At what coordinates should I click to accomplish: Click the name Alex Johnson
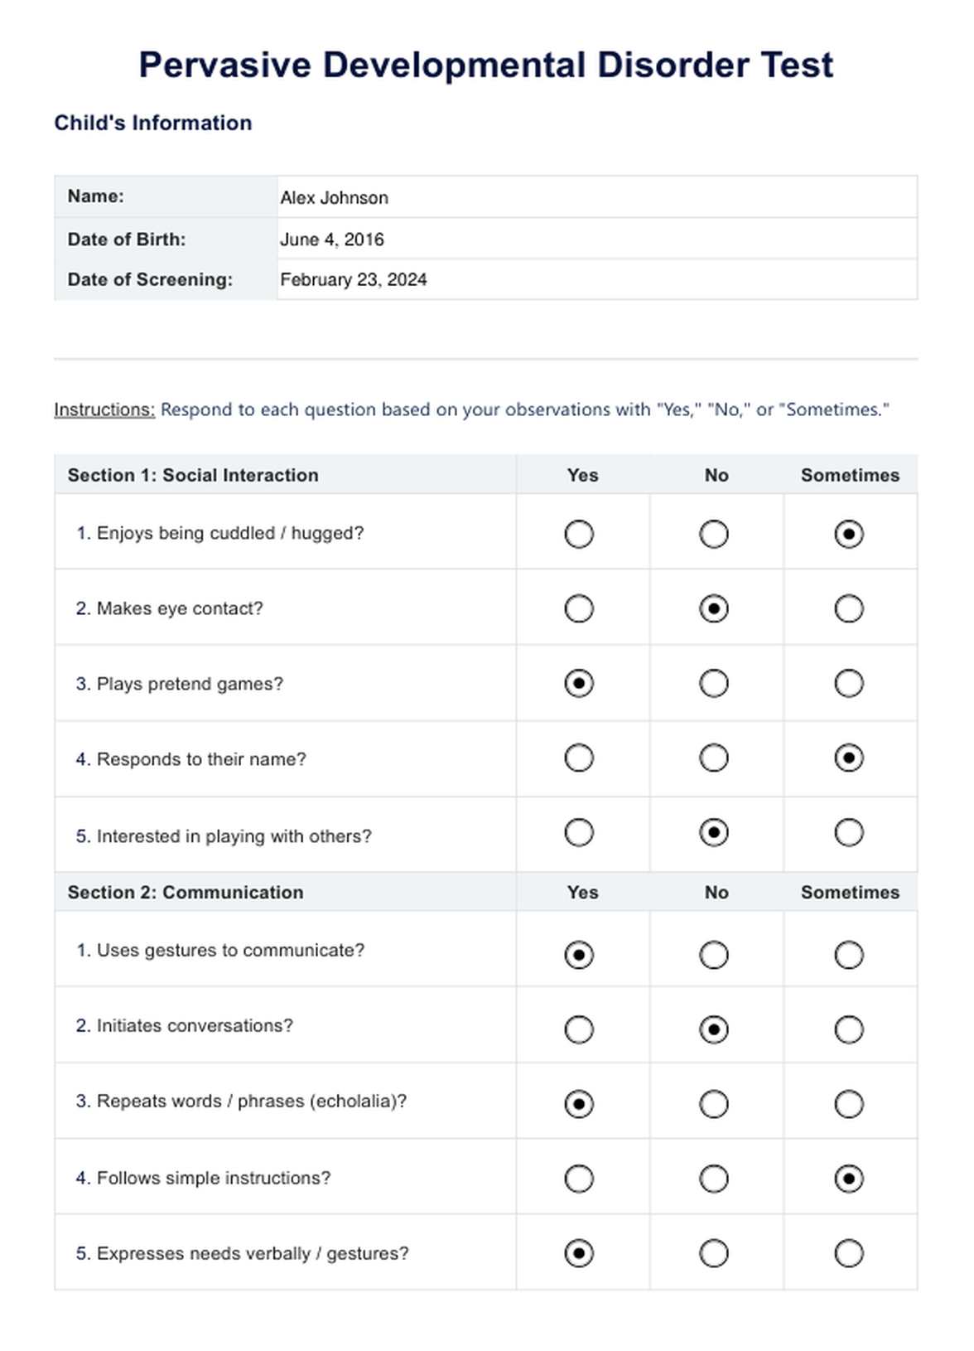click(x=334, y=198)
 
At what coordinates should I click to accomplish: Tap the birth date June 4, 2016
click(x=332, y=240)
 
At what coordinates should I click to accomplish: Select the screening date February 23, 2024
click(x=354, y=280)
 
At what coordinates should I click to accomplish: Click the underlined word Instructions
click(x=104, y=409)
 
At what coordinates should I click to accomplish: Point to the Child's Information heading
click(x=153, y=123)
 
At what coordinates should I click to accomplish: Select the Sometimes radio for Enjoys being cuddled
click(x=849, y=534)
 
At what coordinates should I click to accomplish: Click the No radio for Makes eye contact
click(x=714, y=609)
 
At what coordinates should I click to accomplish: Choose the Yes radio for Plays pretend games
click(x=579, y=684)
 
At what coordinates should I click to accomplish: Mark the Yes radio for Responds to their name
click(x=579, y=758)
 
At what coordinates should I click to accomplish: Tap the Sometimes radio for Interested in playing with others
click(x=849, y=833)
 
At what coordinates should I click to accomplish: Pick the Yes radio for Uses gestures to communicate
click(x=579, y=955)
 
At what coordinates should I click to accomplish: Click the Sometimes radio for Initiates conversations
click(x=849, y=1030)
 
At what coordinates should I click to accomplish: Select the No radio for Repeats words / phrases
click(x=714, y=1105)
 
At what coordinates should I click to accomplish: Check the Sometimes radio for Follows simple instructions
click(x=849, y=1179)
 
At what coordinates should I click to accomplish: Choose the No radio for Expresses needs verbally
click(x=714, y=1253)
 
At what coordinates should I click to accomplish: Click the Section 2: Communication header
click(x=186, y=893)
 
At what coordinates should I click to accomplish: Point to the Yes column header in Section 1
click(x=582, y=476)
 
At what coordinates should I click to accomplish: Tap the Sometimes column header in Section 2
click(x=850, y=893)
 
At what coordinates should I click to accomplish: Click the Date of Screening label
click(x=150, y=280)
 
